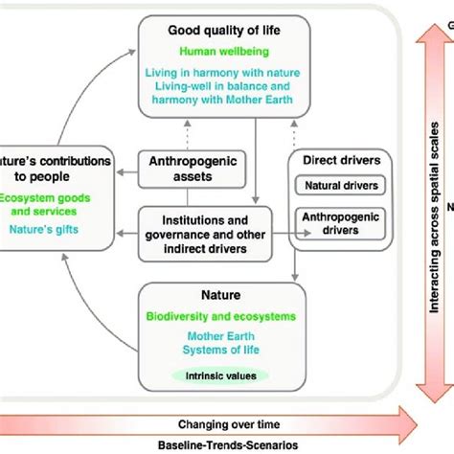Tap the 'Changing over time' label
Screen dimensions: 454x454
point(228,424)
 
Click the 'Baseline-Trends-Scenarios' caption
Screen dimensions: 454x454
point(228,444)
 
